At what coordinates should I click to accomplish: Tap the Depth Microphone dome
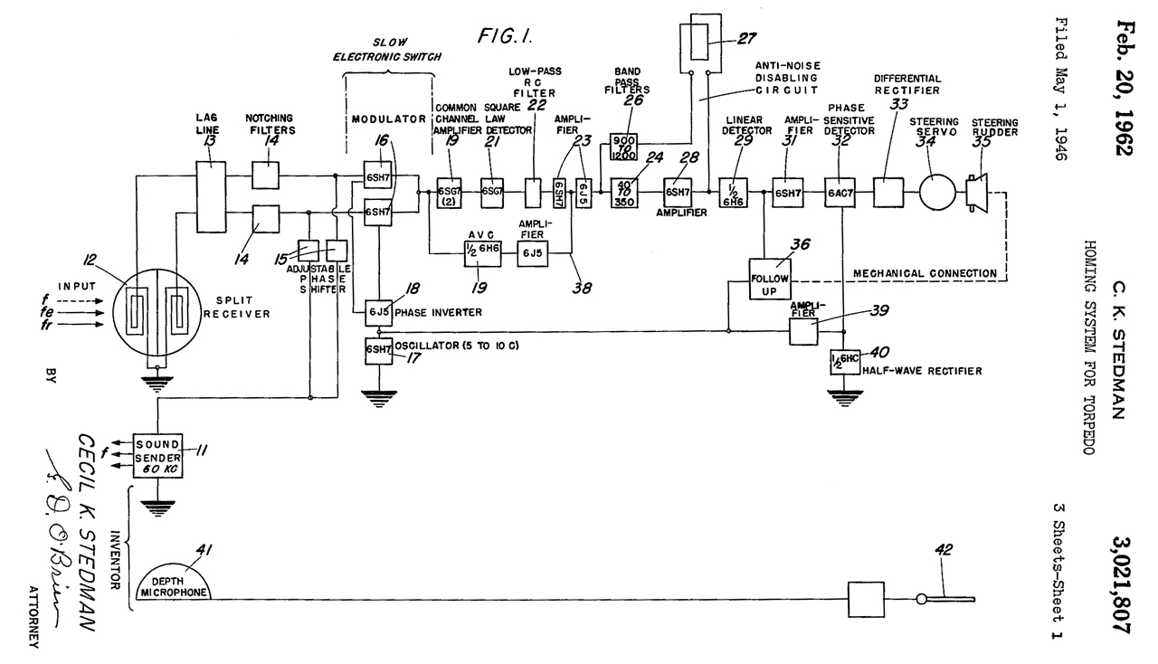click(175, 584)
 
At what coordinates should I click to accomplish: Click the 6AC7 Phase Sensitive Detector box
click(840, 193)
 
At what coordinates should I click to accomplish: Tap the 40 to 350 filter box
click(626, 193)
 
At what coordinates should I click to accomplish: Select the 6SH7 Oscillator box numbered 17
click(378, 350)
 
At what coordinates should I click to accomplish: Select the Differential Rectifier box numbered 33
click(888, 193)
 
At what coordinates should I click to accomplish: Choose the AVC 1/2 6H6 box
click(479, 256)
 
